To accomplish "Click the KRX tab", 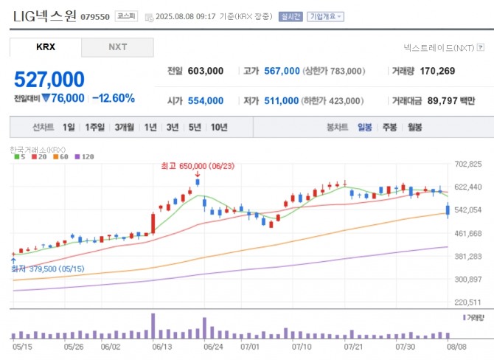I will pos(46,47).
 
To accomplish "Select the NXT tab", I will pos(117,47).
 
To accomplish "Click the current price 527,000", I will pos(49,80).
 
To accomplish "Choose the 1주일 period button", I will pos(95,127).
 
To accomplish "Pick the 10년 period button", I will pos(218,127).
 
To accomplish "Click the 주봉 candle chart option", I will pos(389,127).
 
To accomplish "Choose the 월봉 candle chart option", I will pos(414,127).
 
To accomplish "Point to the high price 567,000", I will pos(282,72).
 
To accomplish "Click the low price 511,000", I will pos(282,100).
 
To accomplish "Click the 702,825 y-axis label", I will pos(468,164).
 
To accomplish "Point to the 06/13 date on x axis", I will pos(161,345).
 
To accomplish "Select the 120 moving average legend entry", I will pos(87,156).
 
